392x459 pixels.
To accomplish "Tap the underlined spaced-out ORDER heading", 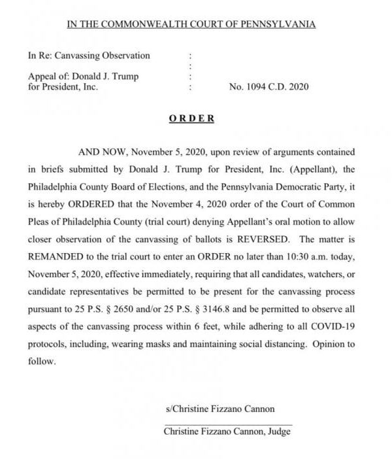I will tap(191, 118).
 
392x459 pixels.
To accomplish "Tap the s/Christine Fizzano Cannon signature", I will tap(220, 409).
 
